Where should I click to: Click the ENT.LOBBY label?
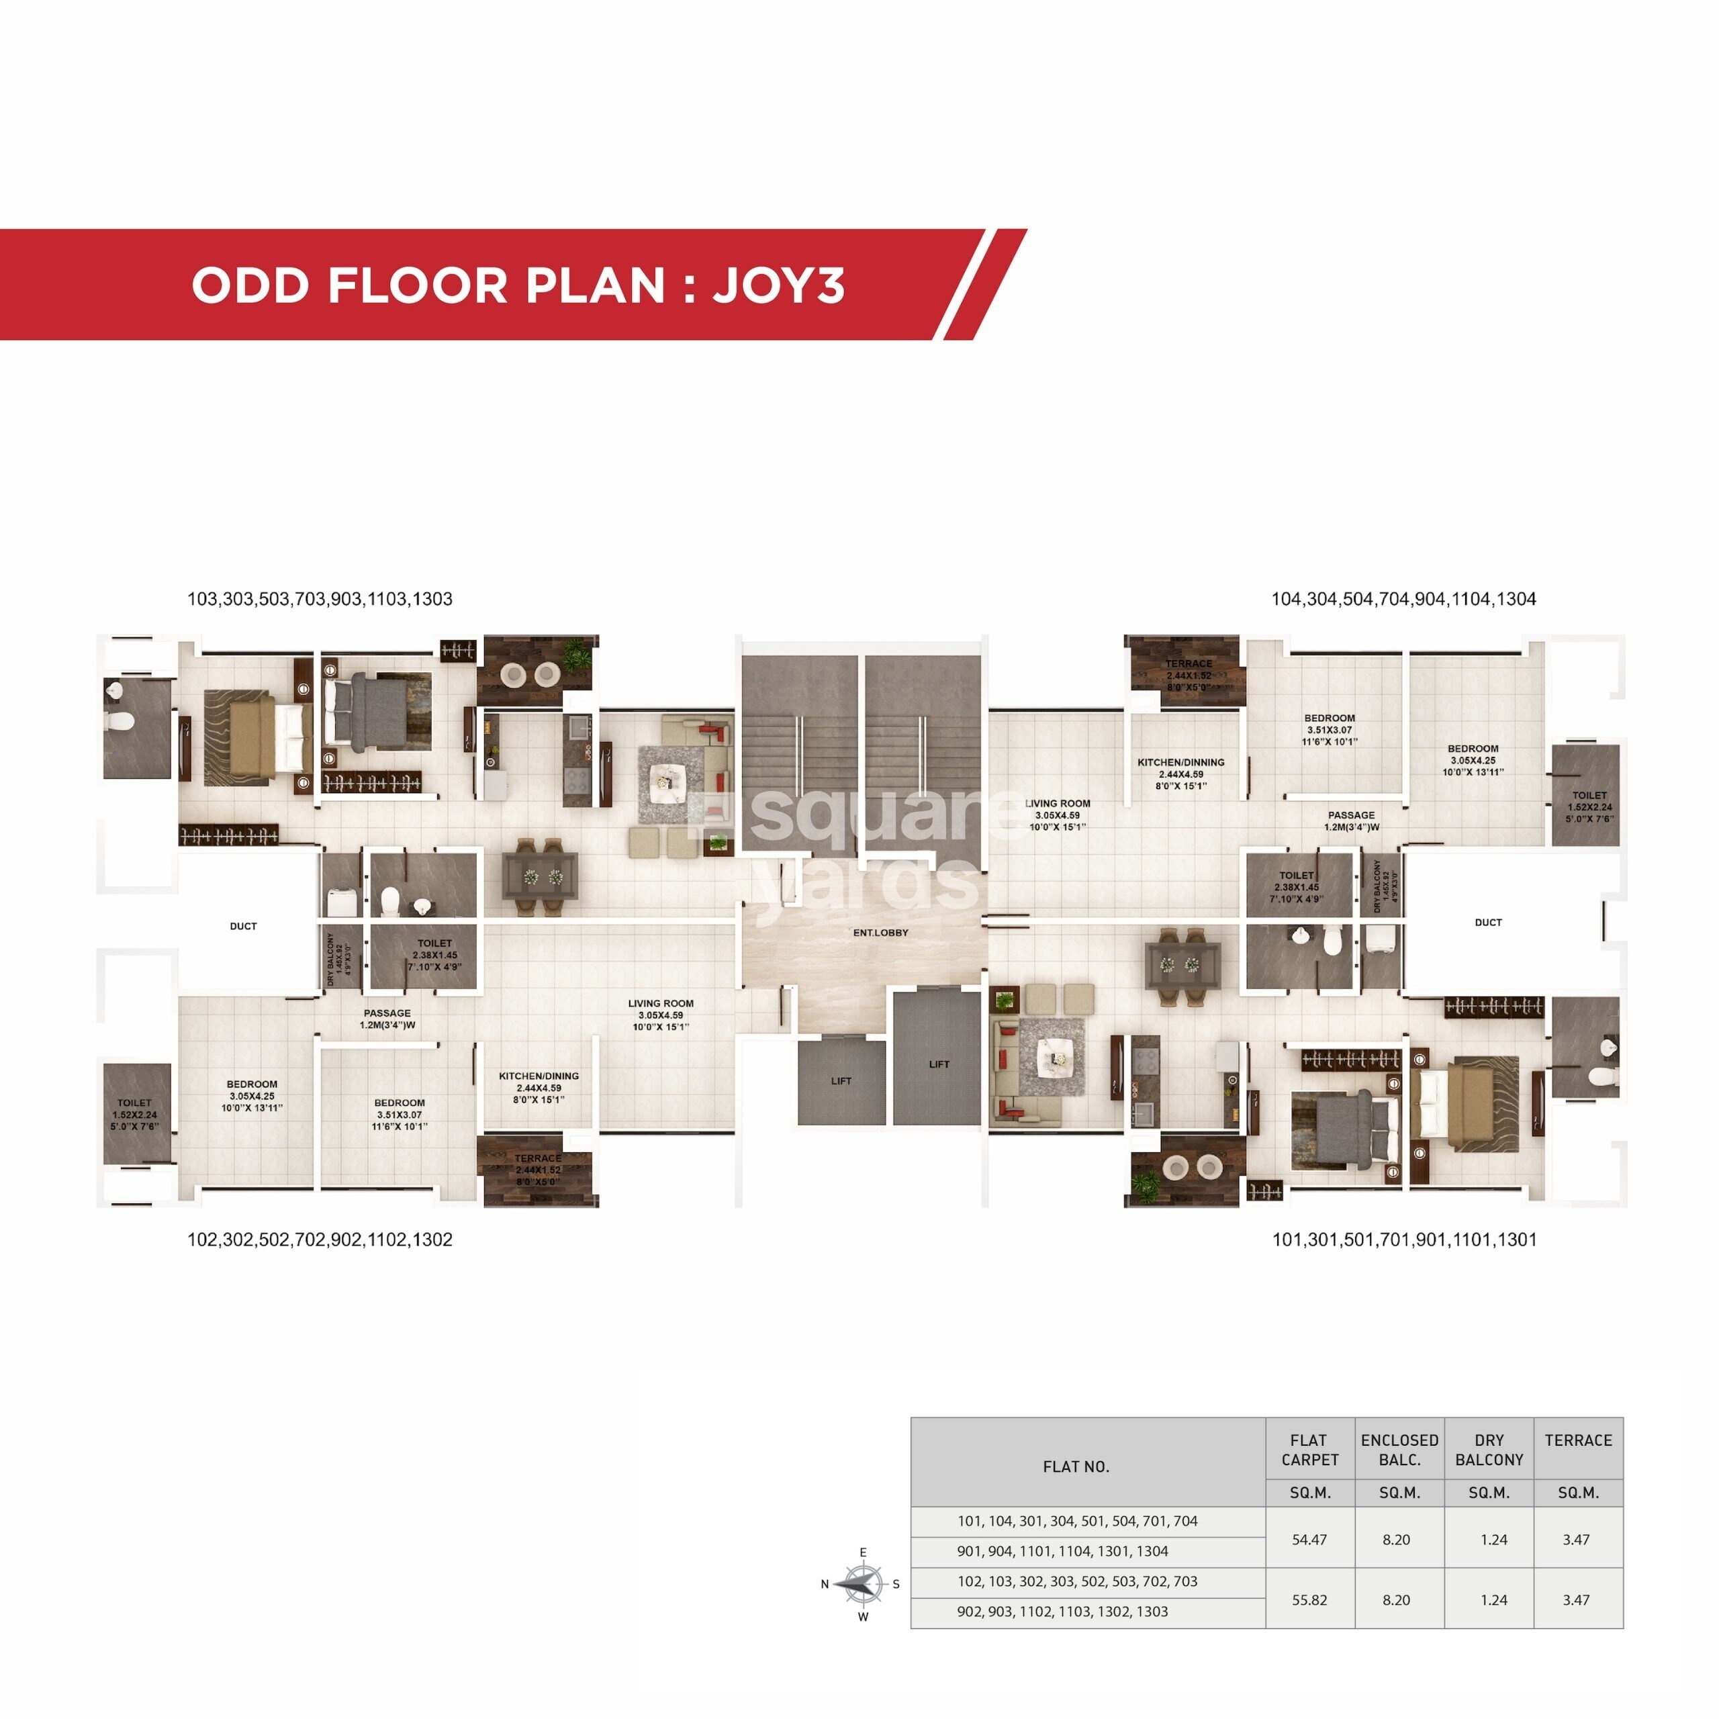point(880,933)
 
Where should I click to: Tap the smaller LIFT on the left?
point(841,1081)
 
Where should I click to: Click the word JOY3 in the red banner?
point(778,285)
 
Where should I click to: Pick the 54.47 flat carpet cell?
point(1309,1539)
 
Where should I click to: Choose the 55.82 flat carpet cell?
point(1309,1599)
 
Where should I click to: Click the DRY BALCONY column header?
point(1489,1450)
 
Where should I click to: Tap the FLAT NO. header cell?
point(1076,1467)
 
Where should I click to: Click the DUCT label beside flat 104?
point(1487,923)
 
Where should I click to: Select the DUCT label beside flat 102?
point(243,926)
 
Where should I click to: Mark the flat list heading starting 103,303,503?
point(320,599)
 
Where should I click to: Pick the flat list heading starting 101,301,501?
point(1404,1240)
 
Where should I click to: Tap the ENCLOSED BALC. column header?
point(1399,1450)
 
